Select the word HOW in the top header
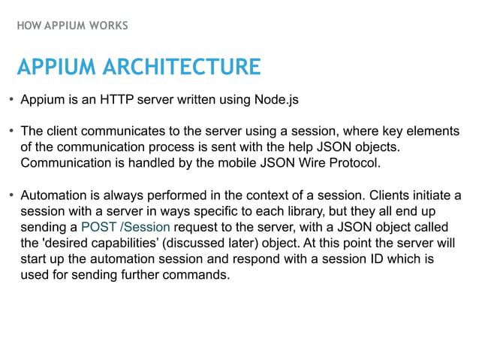point(27,26)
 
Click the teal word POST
point(98,227)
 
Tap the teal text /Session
point(144,227)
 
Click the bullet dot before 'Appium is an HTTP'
point(11,101)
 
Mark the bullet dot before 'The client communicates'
point(11,132)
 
